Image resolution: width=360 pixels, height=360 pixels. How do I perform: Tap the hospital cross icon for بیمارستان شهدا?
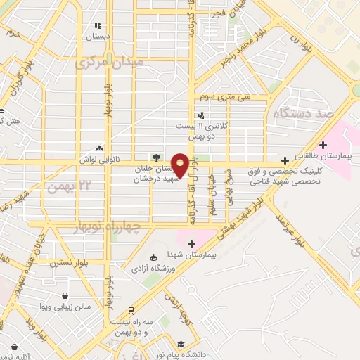pyautogui.click(x=191, y=243)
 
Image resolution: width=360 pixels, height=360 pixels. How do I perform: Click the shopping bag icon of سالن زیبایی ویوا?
pyautogui.click(x=65, y=296)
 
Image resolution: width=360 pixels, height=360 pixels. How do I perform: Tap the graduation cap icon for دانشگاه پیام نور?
pyautogui.click(x=181, y=345)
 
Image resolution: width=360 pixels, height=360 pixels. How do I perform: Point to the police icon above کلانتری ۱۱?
pyautogui.click(x=202, y=115)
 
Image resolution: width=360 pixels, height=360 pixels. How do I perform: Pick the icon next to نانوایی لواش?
pyautogui.click(x=99, y=148)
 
